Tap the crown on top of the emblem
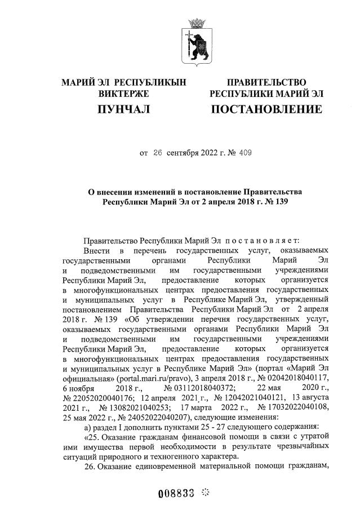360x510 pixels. [x=197, y=23]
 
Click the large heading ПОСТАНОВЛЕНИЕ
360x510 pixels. [x=266, y=109]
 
